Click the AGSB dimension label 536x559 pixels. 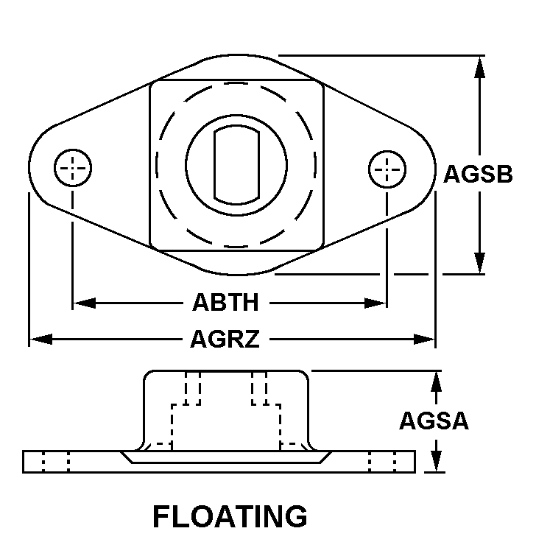click(x=478, y=175)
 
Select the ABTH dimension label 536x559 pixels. click(x=225, y=302)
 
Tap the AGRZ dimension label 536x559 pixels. click(x=225, y=339)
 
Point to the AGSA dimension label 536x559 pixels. click(x=434, y=421)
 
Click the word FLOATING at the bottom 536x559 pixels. click(x=230, y=516)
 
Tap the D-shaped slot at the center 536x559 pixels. click(x=236, y=165)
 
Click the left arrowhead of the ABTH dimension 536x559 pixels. click(x=84, y=303)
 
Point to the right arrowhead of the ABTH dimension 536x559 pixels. click(x=375, y=303)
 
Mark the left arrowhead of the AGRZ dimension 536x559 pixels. click(x=40, y=339)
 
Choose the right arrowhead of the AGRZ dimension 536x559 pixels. click(x=424, y=339)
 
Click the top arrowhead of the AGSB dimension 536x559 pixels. click(x=480, y=67)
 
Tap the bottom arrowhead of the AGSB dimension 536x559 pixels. click(x=480, y=263)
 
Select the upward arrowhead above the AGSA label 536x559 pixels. click(x=436, y=382)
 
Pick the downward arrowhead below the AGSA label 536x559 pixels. click(x=436, y=461)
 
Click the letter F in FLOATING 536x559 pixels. click(x=161, y=516)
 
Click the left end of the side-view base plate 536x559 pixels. click(x=23, y=462)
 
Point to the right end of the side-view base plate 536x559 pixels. click(x=415, y=462)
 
